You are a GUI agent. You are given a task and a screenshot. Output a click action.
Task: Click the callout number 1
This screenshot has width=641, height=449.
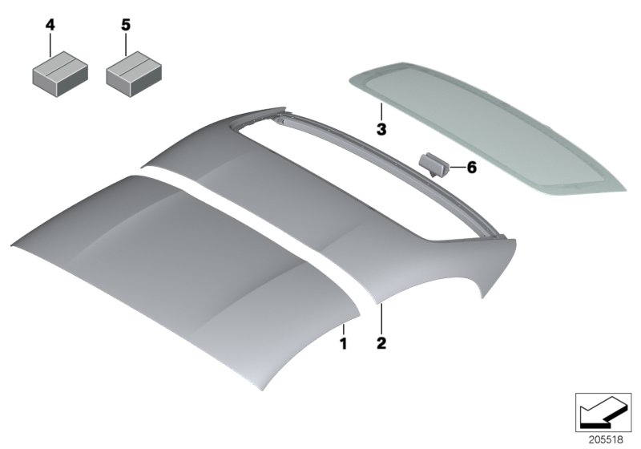click(342, 346)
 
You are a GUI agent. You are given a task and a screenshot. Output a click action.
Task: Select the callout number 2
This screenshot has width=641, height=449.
click(381, 344)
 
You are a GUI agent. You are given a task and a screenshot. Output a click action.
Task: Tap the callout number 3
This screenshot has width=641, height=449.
click(381, 127)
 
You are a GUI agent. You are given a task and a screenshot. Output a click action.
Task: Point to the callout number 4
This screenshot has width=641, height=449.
click(50, 26)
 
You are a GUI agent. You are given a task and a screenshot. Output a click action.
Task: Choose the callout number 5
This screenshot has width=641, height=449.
click(125, 26)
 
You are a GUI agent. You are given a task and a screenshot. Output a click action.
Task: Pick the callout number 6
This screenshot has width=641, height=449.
click(470, 168)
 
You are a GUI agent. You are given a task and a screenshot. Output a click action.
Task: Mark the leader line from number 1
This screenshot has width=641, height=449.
click(342, 329)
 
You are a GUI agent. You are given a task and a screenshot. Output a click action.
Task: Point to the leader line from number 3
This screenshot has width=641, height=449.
click(381, 111)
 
